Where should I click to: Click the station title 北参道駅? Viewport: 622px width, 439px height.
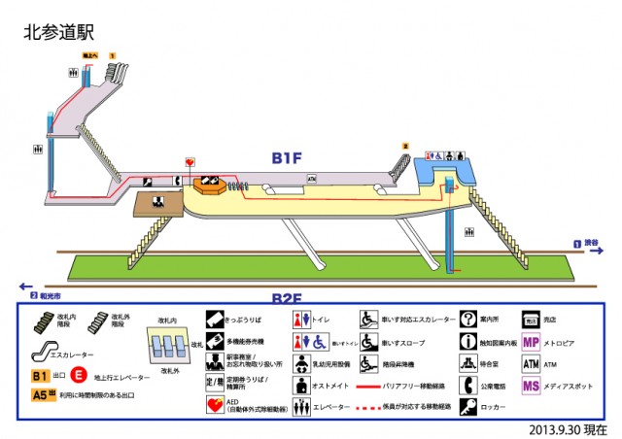click(x=58, y=32)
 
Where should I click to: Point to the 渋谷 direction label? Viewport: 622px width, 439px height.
click(x=593, y=244)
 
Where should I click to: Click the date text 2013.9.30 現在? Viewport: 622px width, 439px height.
click(x=568, y=428)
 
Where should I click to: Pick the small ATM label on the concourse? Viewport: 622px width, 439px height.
click(x=312, y=179)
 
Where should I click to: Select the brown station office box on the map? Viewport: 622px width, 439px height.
click(x=154, y=203)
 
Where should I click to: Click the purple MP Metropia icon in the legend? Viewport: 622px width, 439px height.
click(x=531, y=342)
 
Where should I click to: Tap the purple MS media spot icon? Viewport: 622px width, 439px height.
click(x=531, y=387)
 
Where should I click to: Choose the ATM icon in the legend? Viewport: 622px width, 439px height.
click(x=531, y=364)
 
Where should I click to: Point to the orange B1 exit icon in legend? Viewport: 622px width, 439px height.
click(x=40, y=374)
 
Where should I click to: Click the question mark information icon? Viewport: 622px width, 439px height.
click(x=467, y=319)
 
